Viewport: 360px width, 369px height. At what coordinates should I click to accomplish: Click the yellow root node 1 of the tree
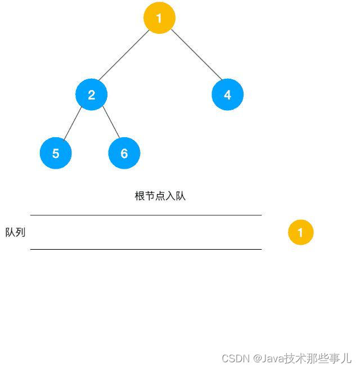click(x=159, y=18)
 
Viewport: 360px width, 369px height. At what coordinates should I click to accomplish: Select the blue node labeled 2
click(x=91, y=94)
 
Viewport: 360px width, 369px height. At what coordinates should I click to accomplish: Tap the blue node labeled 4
click(x=227, y=94)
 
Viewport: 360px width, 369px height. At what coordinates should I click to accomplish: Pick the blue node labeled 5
click(x=56, y=153)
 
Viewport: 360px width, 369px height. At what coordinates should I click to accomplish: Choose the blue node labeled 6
click(x=124, y=153)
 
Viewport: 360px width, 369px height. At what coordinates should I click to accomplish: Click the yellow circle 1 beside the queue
click(x=300, y=232)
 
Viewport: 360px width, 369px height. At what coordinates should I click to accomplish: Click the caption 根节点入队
click(x=160, y=196)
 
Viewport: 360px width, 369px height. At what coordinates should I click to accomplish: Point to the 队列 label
click(x=15, y=232)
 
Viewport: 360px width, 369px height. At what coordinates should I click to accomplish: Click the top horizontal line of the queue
click(x=146, y=215)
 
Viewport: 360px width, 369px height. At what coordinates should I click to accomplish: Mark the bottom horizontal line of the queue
click(x=146, y=249)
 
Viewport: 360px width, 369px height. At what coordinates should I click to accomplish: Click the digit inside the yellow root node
click(x=159, y=18)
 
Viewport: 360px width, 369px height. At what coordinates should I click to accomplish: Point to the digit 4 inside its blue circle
click(x=227, y=95)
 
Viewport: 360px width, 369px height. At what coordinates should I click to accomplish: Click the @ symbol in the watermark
click(x=257, y=358)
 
